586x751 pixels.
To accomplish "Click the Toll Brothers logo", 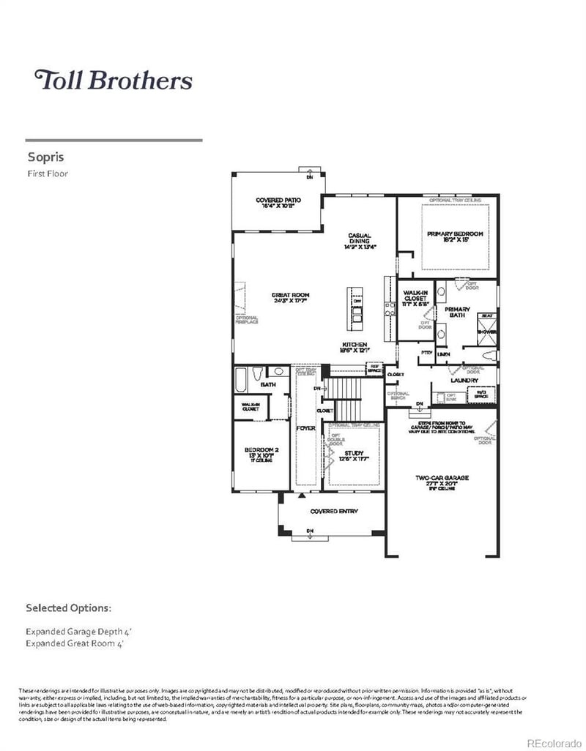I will pyautogui.click(x=114, y=80).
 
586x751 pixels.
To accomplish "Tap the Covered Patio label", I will pyautogui.click(x=278, y=203).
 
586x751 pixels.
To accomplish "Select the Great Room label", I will pyautogui.click(x=290, y=299).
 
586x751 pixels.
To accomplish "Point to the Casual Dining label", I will pyautogui.click(x=359, y=242).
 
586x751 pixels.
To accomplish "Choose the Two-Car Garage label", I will pyautogui.click(x=442, y=482).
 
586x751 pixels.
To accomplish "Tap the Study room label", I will pyautogui.click(x=354, y=456).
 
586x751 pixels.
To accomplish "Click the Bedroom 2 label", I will pyautogui.click(x=262, y=453).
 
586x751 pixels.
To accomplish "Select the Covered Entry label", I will pyautogui.click(x=333, y=511).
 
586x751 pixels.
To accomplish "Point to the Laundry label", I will pyautogui.click(x=464, y=381).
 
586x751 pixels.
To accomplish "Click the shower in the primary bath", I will pyautogui.click(x=486, y=325).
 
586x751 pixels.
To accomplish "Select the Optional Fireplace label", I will pyautogui.click(x=246, y=320).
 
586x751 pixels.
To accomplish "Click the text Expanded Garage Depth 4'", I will pyautogui.click(x=78, y=630).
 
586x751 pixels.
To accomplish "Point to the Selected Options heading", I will pyautogui.click(x=68, y=608).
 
